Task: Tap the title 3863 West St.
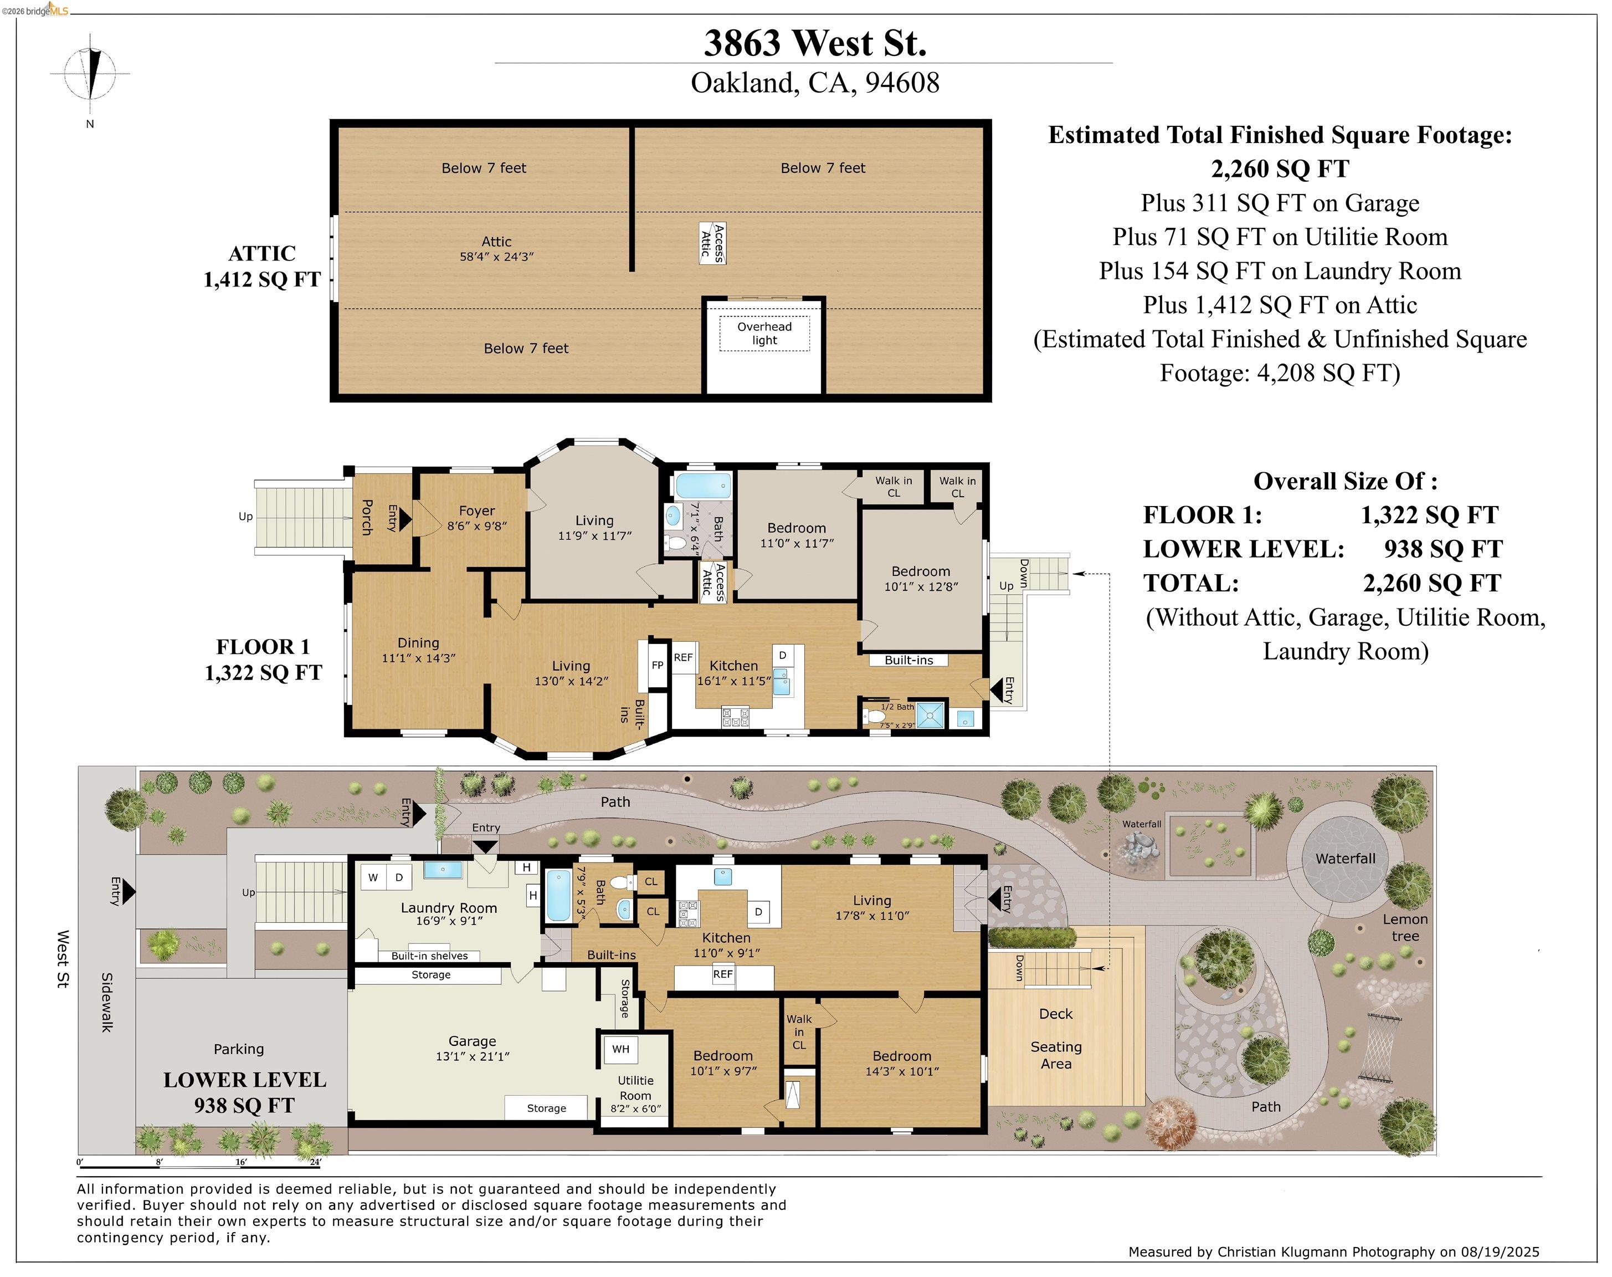coord(815,43)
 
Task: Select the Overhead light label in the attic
coord(764,334)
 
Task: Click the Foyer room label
coord(477,510)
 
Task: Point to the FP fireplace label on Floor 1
coord(658,664)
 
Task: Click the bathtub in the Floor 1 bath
coord(703,486)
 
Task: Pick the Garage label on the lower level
coord(473,1041)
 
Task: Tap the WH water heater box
coord(620,1049)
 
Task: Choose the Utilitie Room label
coord(635,1088)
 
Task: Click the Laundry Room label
coord(448,908)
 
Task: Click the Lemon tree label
coord(1405,927)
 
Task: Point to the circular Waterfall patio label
coord(1345,859)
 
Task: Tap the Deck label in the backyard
coord(1055,1014)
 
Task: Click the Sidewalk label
coord(107,1002)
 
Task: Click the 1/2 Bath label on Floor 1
coord(897,707)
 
